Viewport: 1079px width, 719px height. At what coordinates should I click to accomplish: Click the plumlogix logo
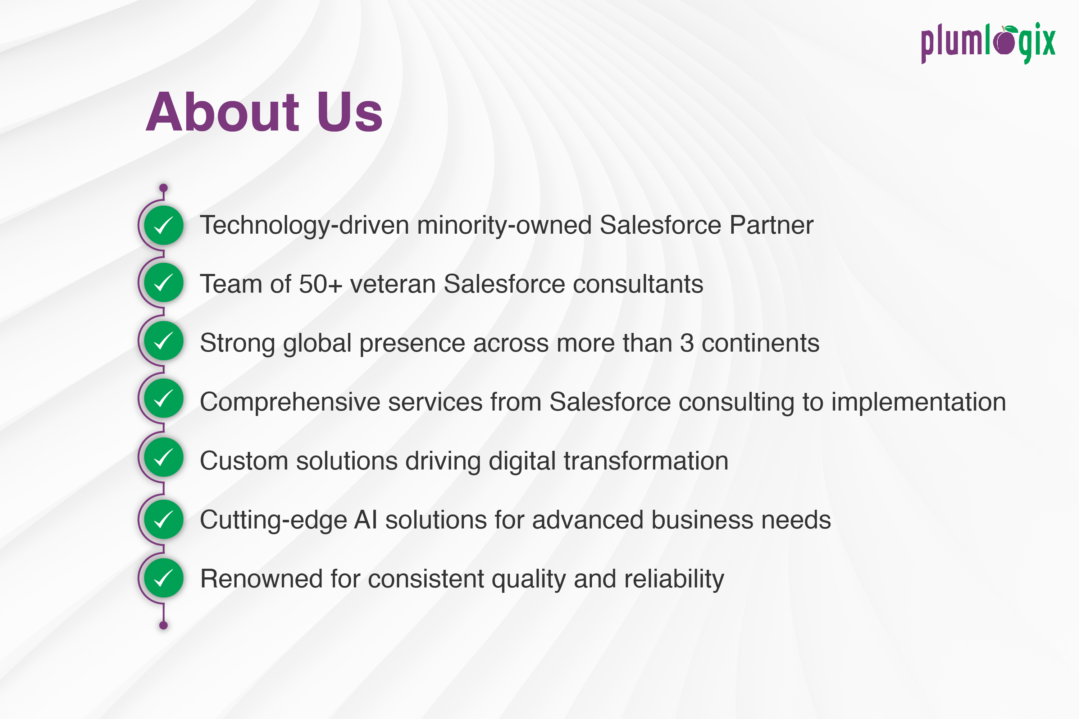click(x=988, y=43)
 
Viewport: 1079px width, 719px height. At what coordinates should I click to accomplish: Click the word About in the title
click(x=223, y=112)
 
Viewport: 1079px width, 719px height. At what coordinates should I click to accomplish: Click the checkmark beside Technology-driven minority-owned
click(x=164, y=225)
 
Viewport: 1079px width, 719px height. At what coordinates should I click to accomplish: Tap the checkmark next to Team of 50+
click(x=164, y=283)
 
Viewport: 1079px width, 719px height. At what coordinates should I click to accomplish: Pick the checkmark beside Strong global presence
click(x=164, y=341)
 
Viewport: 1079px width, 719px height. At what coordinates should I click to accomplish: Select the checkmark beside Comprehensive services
click(x=164, y=398)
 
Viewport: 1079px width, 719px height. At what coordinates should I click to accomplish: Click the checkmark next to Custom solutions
click(x=164, y=457)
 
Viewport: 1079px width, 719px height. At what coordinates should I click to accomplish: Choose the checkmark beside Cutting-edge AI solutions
click(x=164, y=519)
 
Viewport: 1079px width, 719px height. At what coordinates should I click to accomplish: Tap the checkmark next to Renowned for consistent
click(x=164, y=578)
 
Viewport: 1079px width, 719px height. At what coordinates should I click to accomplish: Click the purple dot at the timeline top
click(x=163, y=188)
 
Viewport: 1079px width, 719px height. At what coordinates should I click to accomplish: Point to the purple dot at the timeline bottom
click(x=163, y=625)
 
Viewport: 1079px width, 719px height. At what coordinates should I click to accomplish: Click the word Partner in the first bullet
click(x=771, y=225)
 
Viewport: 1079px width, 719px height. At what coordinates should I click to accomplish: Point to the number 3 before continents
click(x=687, y=343)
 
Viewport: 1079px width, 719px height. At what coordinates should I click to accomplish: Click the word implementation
click(x=919, y=402)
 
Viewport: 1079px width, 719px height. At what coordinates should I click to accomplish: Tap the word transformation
click(x=646, y=461)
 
